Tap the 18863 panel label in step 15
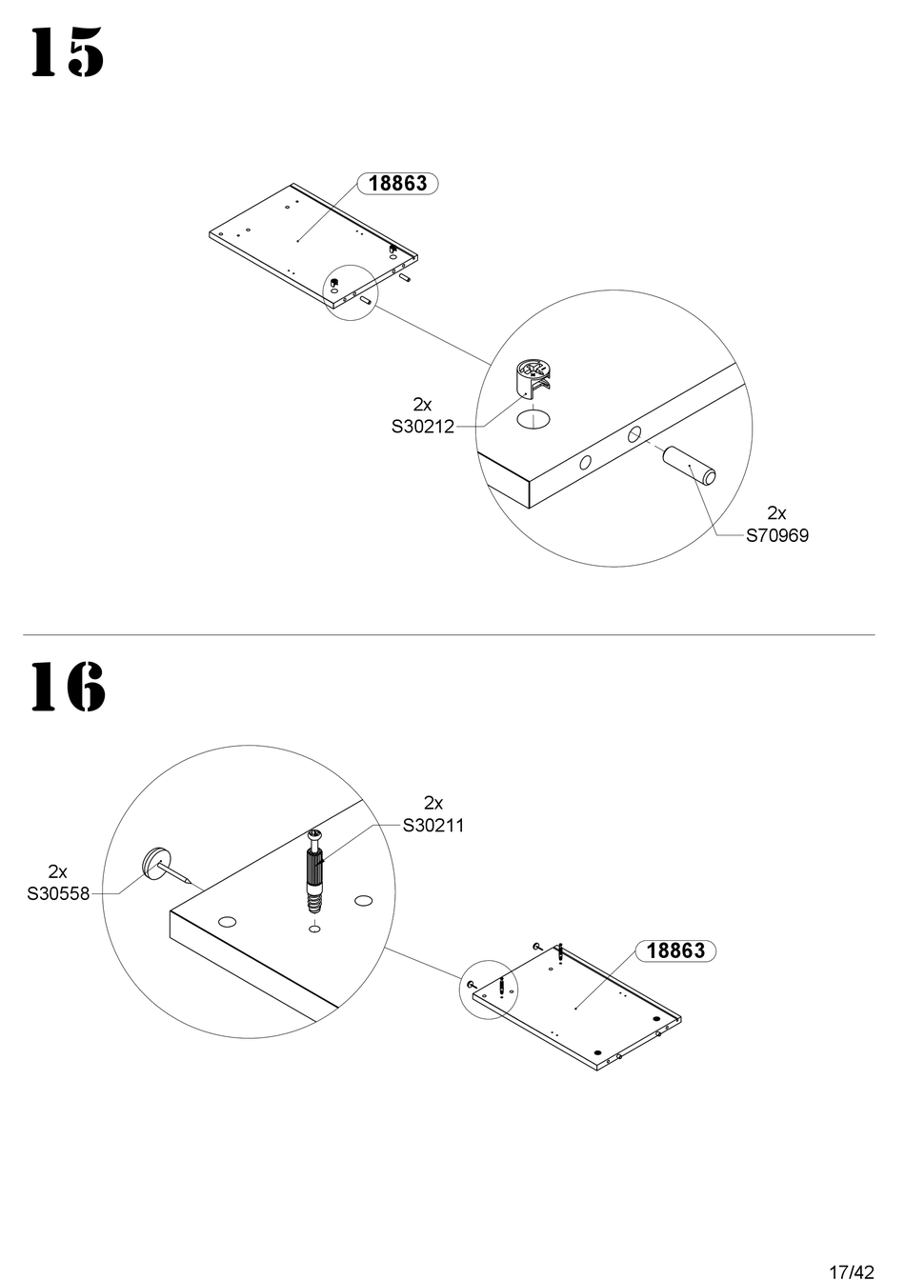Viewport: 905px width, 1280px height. click(397, 183)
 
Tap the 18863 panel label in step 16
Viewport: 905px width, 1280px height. click(675, 950)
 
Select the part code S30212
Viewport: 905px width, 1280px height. click(422, 428)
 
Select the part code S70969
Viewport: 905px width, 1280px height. click(776, 535)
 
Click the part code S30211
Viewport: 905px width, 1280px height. click(433, 826)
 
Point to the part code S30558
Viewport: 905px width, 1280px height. click(58, 893)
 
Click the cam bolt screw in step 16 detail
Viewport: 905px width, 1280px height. click(314, 871)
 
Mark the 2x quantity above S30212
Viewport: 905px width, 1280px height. click(422, 405)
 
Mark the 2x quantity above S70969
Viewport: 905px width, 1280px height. click(776, 513)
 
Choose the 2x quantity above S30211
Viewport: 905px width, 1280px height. click(433, 803)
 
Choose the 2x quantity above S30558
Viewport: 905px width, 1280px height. click(58, 871)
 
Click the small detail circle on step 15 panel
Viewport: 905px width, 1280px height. click(352, 292)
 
